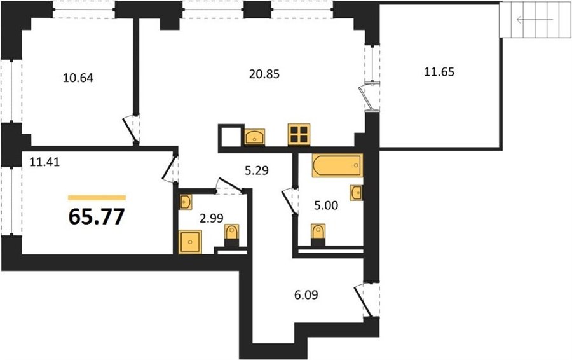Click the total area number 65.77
click(97, 217)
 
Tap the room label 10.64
click(78, 78)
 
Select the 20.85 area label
click(264, 74)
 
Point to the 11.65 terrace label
click(439, 72)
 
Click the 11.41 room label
click(44, 161)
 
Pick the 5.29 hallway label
click(257, 170)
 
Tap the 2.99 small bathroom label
click(211, 218)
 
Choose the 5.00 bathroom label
click(326, 205)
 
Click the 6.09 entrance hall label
click(306, 294)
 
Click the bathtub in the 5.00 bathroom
click(337, 165)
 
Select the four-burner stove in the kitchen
click(299, 134)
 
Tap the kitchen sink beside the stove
click(255, 137)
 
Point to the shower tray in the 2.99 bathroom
click(190, 241)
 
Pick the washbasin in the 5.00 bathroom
click(356, 193)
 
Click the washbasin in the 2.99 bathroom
click(186, 202)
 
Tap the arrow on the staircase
click(535, 20)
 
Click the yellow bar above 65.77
click(97, 198)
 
